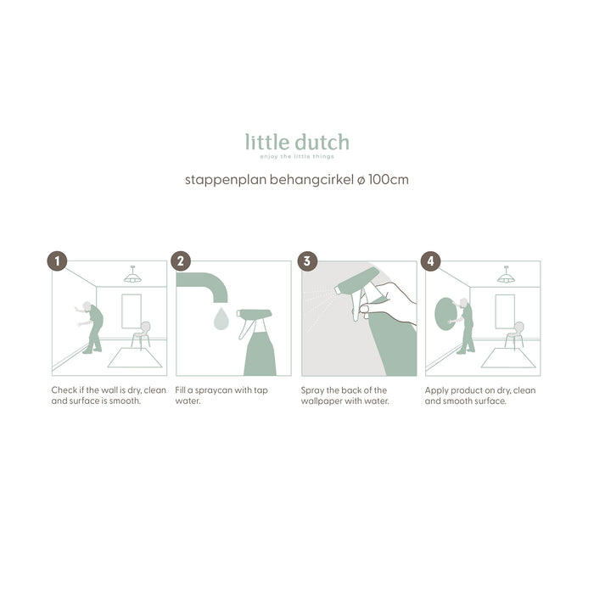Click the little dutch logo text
tap(297, 142)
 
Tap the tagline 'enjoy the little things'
tap(297, 157)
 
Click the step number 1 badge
tap(57, 261)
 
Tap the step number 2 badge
tap(181, 261)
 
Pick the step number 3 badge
tap(306, 261)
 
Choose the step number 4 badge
tap(431, 261)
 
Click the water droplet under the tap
tap(221, 319)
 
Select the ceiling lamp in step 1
tap(132, 276)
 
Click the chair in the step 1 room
tap(142, 334)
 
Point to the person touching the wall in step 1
tap(93, 327)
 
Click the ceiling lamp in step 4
tap(506, 276)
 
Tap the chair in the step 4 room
tap(515, 334)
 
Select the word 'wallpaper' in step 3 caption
tap(326, 401)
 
